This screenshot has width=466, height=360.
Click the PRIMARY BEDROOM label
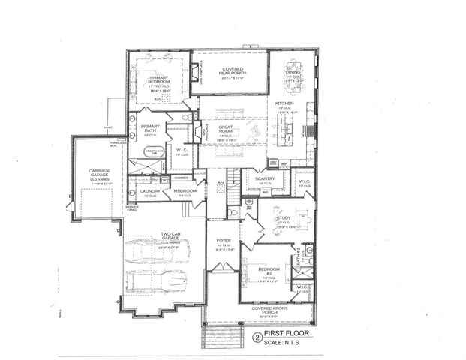click(158, 79)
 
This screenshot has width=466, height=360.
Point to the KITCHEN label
click(284, 103)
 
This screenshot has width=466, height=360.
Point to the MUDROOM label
click(185, 192)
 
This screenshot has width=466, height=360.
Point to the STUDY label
click(283, 218)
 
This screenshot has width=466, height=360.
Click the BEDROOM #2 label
click(269, 271)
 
